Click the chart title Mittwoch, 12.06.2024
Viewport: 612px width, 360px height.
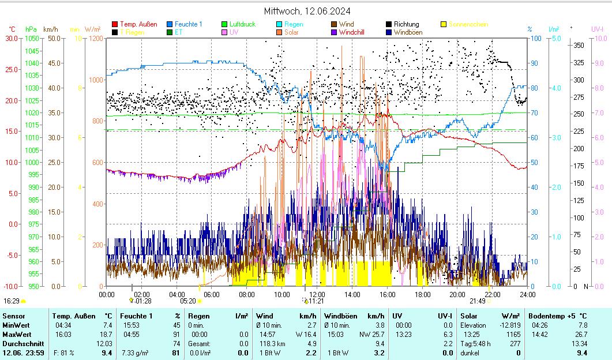[307, 11]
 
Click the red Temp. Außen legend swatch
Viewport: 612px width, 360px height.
[115, 24]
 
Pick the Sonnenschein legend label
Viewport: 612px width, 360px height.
[468, 24]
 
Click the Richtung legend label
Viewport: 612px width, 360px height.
[407, 24]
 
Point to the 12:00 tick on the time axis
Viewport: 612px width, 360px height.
[317, 294]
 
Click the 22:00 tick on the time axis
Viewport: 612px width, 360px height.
[492, 294]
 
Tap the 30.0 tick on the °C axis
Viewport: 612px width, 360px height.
[12, 38]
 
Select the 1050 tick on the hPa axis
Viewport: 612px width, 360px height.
[32, 38]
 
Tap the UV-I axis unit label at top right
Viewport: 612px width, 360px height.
[598, 29]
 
